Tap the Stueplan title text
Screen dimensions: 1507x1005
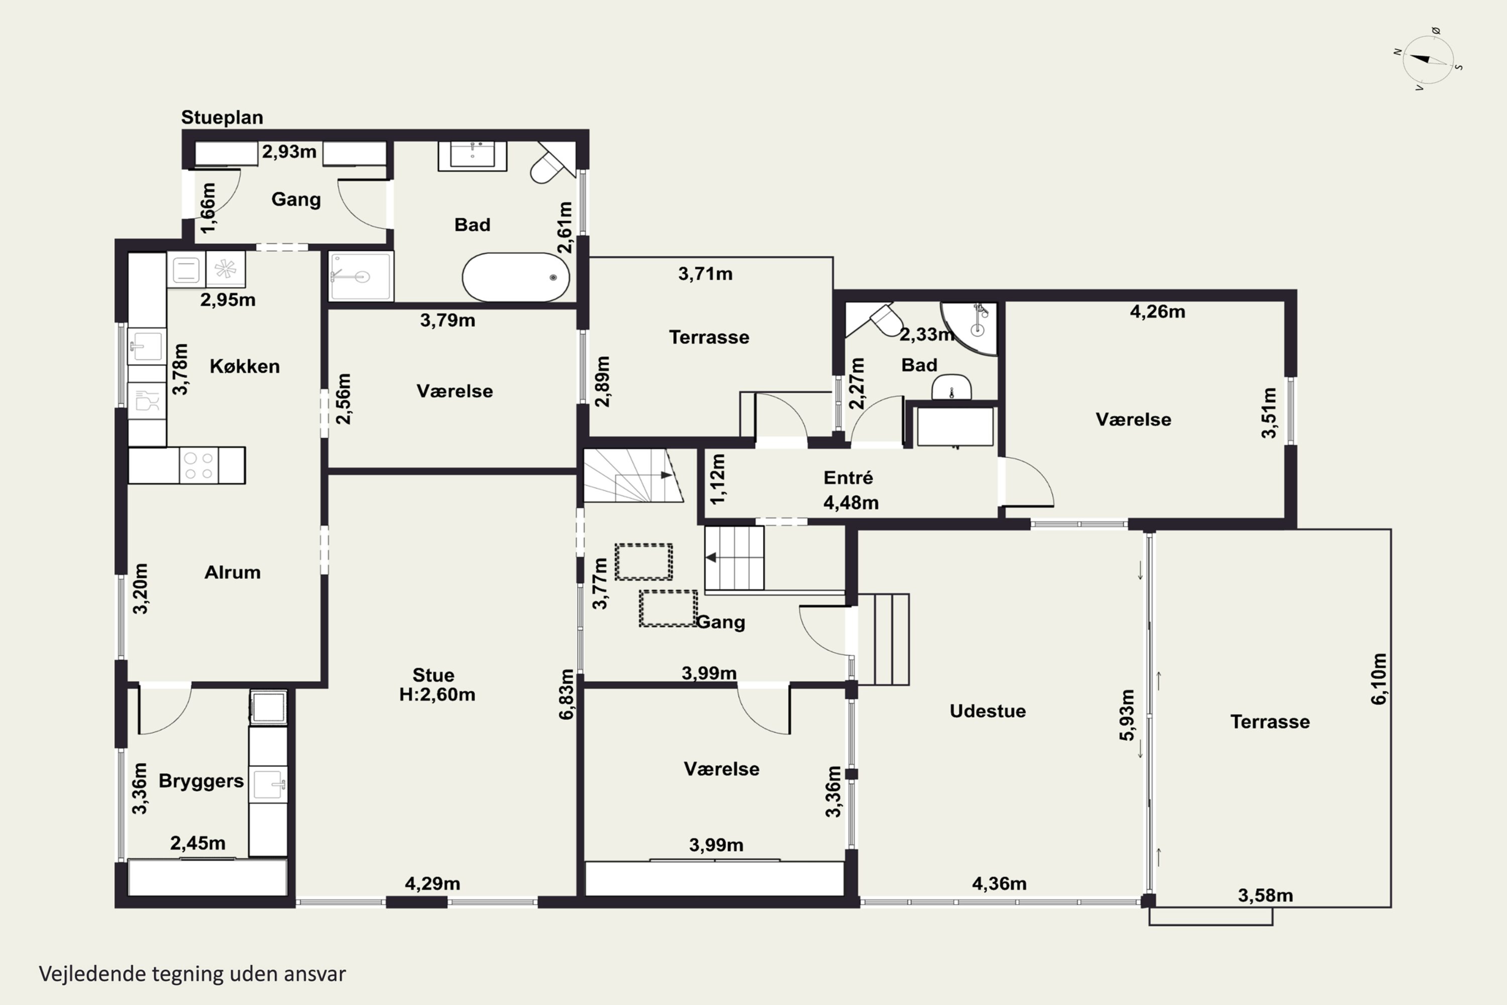coord(222,117)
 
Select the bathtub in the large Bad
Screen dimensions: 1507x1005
coord(516,277)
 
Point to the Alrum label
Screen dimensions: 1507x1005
coord(233,572)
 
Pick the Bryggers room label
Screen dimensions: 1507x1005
coord(201,781)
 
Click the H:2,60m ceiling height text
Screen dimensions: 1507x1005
coord(437,695)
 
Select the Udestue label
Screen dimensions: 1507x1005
coord(988,711)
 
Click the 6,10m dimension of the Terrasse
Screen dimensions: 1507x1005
coord(1379,679)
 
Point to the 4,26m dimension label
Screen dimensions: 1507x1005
coord(1157,312)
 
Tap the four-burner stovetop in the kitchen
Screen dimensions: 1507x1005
coord(198,465)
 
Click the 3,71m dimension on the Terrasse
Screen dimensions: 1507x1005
coord(705,274)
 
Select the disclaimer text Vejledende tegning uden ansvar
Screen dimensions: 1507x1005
coord(192,974)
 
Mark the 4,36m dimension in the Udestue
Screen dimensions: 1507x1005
coord(999,884)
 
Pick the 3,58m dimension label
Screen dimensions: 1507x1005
coord(1265,895)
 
